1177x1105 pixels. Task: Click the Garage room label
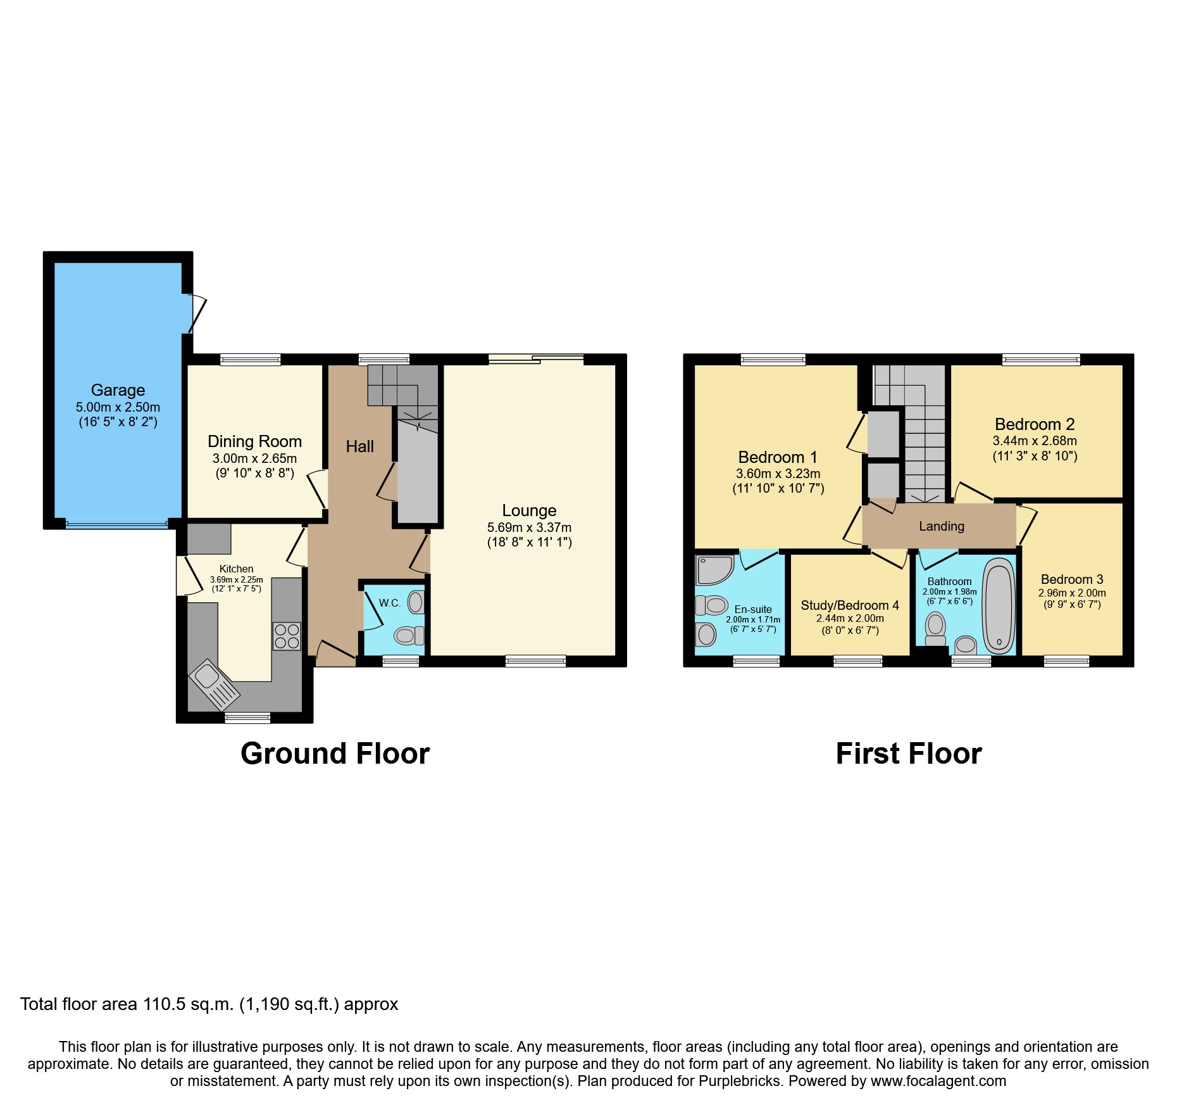click(118, 390)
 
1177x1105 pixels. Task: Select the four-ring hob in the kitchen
click(287, 636)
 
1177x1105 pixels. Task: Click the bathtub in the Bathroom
click(999, 605)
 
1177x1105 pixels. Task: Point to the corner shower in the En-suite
click(713, 569)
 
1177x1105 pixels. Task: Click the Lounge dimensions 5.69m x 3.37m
click(529, 527)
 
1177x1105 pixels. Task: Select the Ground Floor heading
click(335, 754)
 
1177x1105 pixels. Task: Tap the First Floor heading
click(908, 754)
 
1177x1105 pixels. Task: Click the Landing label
click(942, 526)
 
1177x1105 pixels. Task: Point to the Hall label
click(359, 446)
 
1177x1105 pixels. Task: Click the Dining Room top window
click(250, 360)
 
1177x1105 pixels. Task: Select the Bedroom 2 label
click(1035, 424)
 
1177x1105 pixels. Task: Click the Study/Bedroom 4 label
click(849, 605)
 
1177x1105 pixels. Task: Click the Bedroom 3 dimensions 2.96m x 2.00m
click(1072, 593)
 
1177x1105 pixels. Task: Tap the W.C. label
click(390, 603)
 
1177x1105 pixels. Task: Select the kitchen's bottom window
click(247, 717)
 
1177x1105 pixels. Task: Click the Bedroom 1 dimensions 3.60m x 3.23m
click(778, 474)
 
